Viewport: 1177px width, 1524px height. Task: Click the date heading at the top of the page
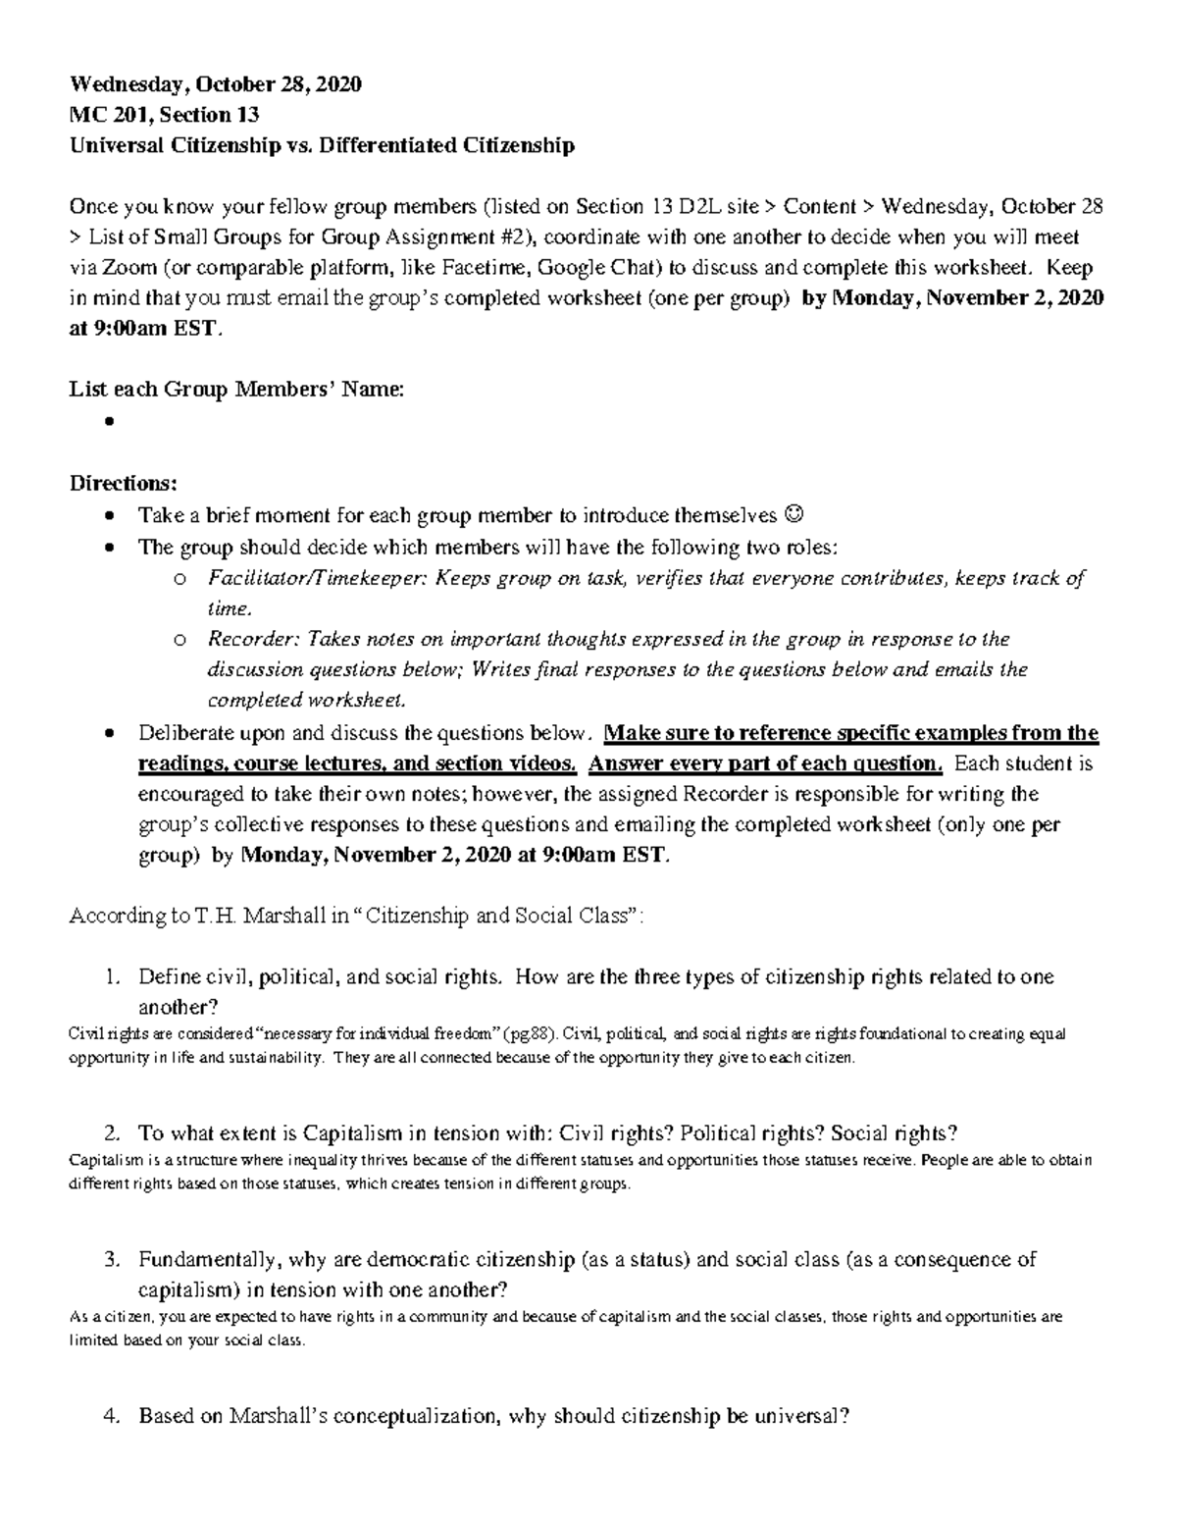coord(215,84)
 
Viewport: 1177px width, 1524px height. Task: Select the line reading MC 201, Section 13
coord(164,115)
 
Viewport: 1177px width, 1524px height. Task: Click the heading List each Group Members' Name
coord(235,390)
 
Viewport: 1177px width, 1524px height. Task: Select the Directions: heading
coord(124,484)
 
